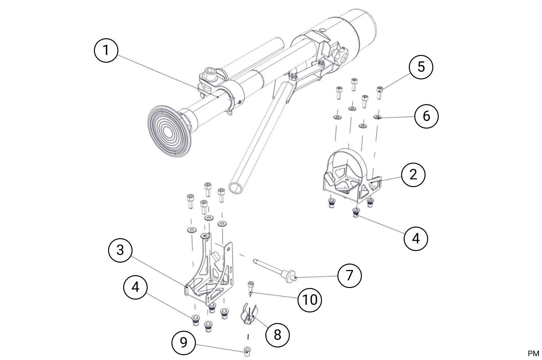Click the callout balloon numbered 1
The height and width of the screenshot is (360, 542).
(106, 50)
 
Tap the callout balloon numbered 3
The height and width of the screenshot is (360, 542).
(120, 250)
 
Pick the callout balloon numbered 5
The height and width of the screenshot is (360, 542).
(421, 67)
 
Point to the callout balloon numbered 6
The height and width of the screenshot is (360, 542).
(426, 116)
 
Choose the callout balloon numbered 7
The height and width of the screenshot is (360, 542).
(349, 275)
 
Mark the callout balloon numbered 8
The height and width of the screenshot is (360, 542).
(277, 335)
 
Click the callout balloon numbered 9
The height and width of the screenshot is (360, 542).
(183, 343)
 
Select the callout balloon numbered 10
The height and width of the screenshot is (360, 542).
(310, 300)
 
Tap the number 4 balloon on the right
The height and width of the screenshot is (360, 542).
(416, 239)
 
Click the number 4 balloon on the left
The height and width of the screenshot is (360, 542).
(135, 287)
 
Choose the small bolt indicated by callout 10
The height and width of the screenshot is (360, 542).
(250, 287)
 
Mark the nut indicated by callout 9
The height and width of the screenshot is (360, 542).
(247, 351)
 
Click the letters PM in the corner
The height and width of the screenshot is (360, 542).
(533, 354)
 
